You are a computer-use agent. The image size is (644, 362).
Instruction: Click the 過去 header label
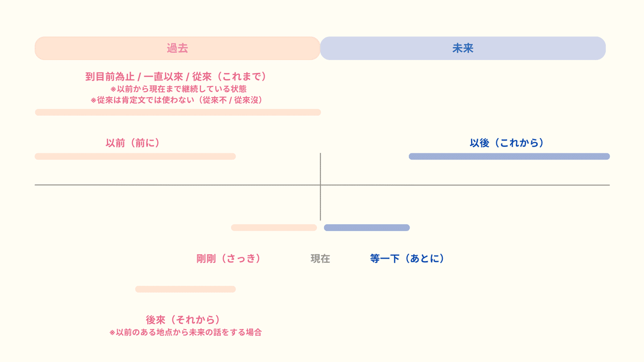pyautogui.click(x=177, y=48)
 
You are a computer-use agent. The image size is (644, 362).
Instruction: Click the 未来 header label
pyautogui.click(x=463, y=48)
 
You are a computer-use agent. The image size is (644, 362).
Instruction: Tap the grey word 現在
pyautogui.click(x=320, y=258)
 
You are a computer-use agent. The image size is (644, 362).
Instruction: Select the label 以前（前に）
pyautogui.click(x=133, y=143)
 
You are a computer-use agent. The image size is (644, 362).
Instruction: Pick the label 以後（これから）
pyautogui.click(x=507, y=143)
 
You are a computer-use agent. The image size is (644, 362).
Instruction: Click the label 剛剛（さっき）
pyautogui.click(x=229, y=258)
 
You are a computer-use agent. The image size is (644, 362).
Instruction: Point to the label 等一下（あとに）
pyautogui.click(x=407, y=258)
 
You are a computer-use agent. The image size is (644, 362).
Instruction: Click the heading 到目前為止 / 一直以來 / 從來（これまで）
pyautogui.click(x=176, y=77)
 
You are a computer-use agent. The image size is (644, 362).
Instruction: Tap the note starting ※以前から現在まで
pyautogui.click(x=178, y=89)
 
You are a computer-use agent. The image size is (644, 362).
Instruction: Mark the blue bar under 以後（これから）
pyautogui.click(x=509, y=157)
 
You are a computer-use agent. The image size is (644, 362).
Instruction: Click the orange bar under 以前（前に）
pyautogui.click(x=135, y=157)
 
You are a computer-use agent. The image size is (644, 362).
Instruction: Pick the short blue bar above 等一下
pyautogui.click(x=367, y=227)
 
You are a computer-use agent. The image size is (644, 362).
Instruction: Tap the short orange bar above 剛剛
pyautogui.click(x=274, y=227)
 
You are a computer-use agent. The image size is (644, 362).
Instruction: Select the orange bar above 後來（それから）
pyautogui.click(x=185, y=289)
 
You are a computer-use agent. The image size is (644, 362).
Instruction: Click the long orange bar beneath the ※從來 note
pyautogui.click(x=178, y=112)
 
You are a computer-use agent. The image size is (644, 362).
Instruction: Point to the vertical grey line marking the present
pyautogui.click(x=320, y=172)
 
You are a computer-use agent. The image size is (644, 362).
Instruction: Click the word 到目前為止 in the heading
pyautogui.click(x=109, y=77)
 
